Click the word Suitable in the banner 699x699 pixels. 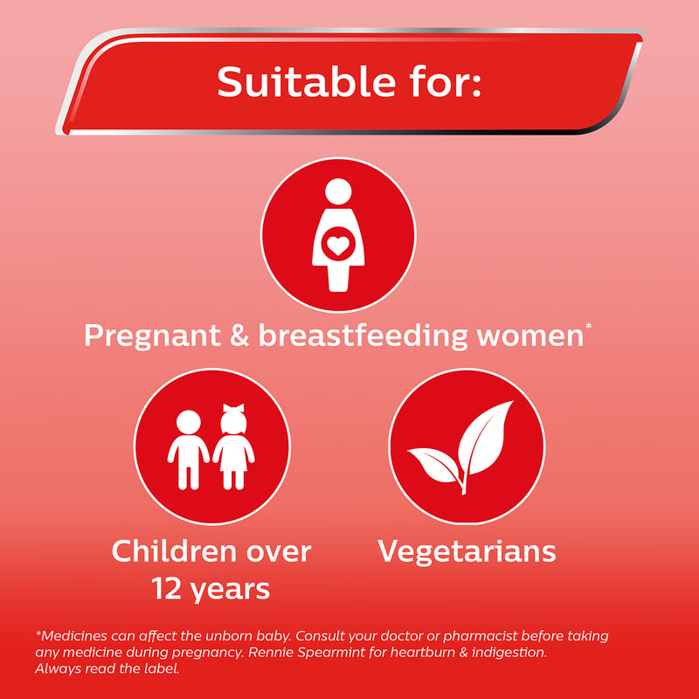306,81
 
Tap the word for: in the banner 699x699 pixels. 446,81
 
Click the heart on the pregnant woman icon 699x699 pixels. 338,246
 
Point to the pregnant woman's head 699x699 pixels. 338,191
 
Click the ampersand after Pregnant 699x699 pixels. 239,336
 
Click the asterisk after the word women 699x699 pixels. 588,326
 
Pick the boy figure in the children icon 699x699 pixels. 189,449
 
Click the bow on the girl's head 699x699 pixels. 233,408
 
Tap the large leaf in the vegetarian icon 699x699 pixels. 485,439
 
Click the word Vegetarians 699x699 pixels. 467,551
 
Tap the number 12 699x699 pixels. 166,589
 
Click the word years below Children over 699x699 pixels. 230,592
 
